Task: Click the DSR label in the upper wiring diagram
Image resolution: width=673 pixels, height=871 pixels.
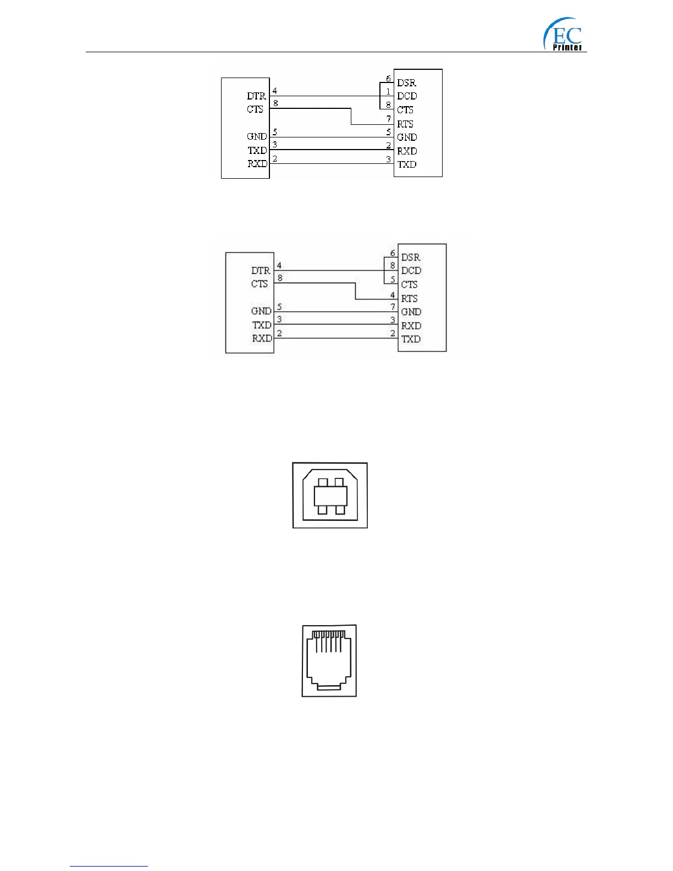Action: click(406, 83)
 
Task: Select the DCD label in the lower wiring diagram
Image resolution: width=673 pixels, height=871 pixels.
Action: click(411, 271)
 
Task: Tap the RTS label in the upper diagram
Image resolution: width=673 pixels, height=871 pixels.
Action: click(405, 124)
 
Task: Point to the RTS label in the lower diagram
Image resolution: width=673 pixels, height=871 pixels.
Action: click(409, 299)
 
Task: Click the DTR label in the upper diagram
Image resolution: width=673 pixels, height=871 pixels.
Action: click(256, 96)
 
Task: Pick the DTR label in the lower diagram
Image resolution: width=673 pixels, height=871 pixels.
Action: click(261, 271)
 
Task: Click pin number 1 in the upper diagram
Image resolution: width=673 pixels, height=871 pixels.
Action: click(388, 92)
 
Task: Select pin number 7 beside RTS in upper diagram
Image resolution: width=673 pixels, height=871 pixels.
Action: click(389, 119)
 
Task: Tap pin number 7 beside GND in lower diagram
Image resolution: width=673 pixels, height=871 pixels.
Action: click(393, 307)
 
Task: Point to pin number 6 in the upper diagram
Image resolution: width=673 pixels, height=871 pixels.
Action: click(388, 79)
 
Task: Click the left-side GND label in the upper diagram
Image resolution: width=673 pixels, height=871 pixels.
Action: click(257, 136)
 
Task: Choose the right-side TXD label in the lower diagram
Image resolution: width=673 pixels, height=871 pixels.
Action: click(411, 339)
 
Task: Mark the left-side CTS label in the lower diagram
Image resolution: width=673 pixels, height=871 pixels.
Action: click(260, 284)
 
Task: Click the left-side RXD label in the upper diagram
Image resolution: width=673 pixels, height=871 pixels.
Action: click(257, 164)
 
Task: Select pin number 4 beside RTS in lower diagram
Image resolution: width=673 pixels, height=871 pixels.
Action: click(393, 295)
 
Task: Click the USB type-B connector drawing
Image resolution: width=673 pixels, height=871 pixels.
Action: click(330, 495)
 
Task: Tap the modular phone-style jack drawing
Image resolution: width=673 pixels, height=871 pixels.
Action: click(329, 660)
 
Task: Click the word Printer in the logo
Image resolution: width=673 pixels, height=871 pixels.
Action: click(567, 47)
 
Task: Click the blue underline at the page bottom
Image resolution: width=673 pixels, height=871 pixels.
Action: click(109, 866)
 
